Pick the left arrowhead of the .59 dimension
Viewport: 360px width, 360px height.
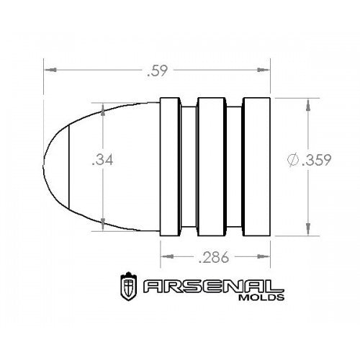click(48, 70)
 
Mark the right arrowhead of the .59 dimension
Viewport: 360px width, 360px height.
click(266, 70)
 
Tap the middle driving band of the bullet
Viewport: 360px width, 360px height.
click(211, 166)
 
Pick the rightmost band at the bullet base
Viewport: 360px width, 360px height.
click(256, 166)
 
